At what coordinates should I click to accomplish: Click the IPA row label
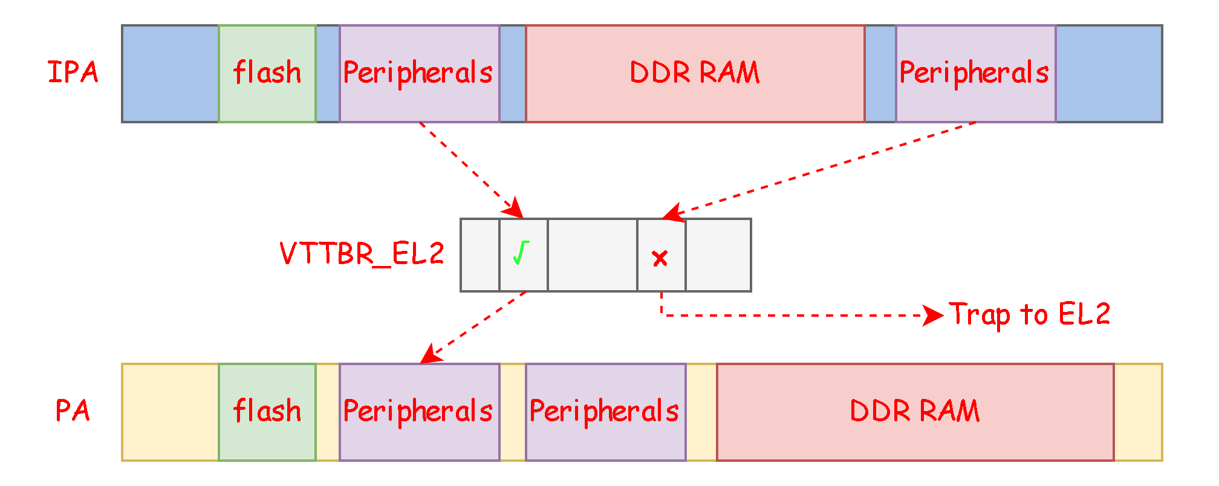[x=73, y=73]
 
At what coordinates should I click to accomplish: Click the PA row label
[x=73, y=411]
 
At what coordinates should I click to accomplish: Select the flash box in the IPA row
[x=267, y=74]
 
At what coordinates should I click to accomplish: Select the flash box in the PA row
[x=267, y=412]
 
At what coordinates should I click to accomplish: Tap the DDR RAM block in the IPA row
[x=695, y=74]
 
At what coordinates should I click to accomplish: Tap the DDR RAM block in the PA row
[x=915, y=412]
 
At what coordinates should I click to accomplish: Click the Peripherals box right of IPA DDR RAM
[x=975, y=74]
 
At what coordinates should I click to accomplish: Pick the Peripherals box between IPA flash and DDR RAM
[x=419, y=74]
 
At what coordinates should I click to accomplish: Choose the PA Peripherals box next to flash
[x=419, y=412]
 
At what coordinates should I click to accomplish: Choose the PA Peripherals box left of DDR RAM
[x=605, y=412]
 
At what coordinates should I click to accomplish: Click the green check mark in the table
[x=521, y=253]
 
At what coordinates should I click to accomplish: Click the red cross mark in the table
[x=660, y=259]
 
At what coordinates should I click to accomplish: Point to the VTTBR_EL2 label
[x=362, y=254]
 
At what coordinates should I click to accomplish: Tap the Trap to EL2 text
[x=1029, y=314]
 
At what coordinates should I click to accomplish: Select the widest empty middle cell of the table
[x=592, y=255]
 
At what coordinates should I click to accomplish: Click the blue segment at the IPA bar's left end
[x=170, y=74]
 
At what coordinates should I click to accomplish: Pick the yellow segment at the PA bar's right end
[x=1138, y=412]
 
